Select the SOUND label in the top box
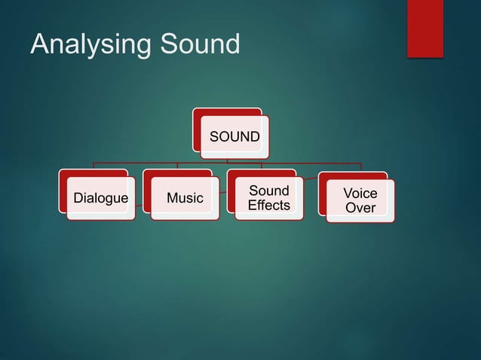234,137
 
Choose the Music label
185,199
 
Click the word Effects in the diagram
268,206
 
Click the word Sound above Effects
268,191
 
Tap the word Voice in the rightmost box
360,194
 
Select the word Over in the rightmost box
360,208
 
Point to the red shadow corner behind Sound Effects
231,175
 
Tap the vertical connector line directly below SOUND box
228,160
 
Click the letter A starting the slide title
39,44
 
